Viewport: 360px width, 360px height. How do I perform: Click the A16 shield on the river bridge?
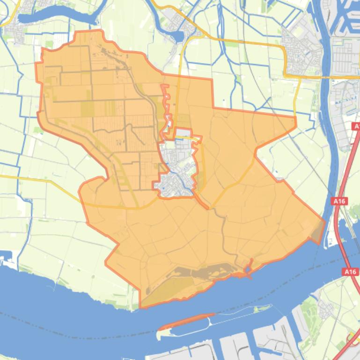click(350, 272)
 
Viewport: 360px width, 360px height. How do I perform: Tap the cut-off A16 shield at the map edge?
click(357, 127)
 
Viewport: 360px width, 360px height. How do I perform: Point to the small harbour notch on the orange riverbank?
click(247, 269)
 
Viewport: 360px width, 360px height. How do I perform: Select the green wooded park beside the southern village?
click(307, 309)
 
